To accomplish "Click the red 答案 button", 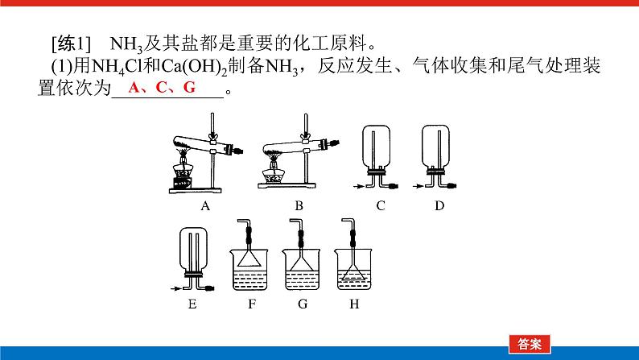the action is [530, 344].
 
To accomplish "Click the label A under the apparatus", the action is [205, 206].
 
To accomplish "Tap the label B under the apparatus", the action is [299, 206].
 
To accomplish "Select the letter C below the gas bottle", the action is [381, 206].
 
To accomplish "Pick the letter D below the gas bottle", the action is [439, 206].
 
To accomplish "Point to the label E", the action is [192, 304].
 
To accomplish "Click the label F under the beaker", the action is [252, 304].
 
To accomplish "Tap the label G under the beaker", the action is [303, 304].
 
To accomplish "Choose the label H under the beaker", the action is [355, 304].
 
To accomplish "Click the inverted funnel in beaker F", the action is [249, 258].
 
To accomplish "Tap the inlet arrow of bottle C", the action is [358, 187].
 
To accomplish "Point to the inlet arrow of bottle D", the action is [418, 186].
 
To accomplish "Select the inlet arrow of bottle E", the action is [175, 288].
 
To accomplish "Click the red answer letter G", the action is [189, 87].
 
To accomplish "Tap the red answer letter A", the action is [134, 87].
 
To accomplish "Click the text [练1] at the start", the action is [71, 43].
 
